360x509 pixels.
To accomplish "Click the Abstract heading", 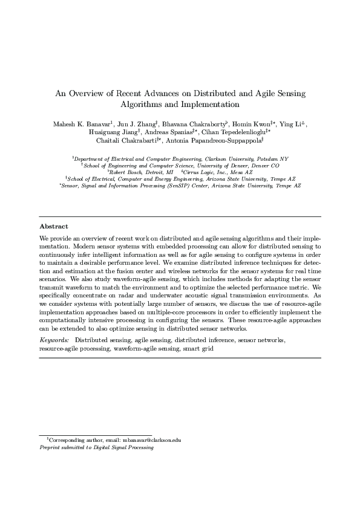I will coord(54,226).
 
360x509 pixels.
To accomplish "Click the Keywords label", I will coord(54,341).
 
